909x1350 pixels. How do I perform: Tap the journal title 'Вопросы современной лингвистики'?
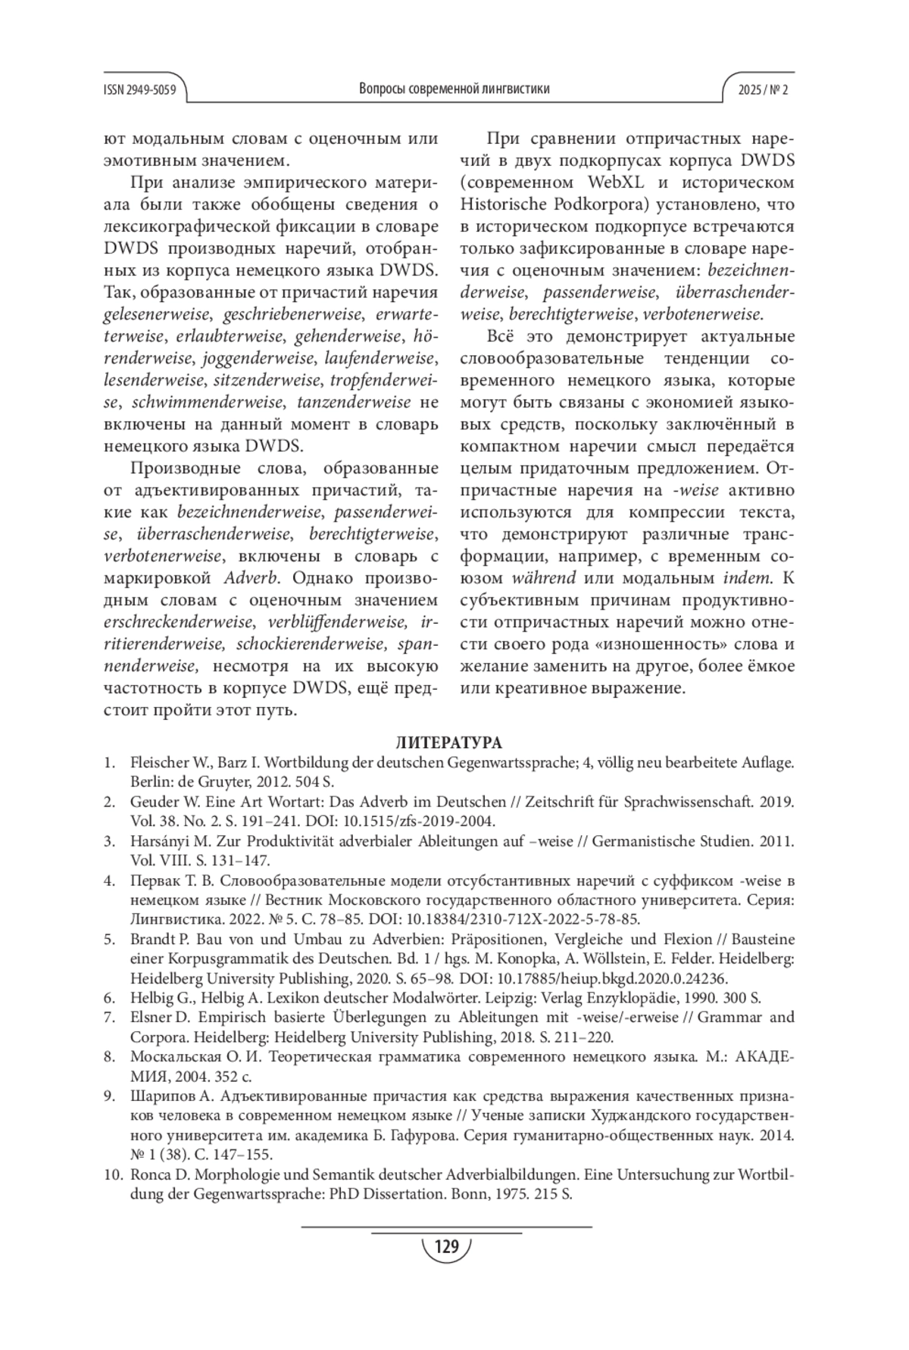[x=454, y=89]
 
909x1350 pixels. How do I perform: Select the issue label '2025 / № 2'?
[x=763, y=89]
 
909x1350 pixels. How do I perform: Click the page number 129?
[x=448, y=1246]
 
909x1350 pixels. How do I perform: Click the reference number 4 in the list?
[x=110, y=881]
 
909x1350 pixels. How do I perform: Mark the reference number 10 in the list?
[x=112, y=1176]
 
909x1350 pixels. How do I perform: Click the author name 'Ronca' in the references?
[x=148, y=1176]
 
